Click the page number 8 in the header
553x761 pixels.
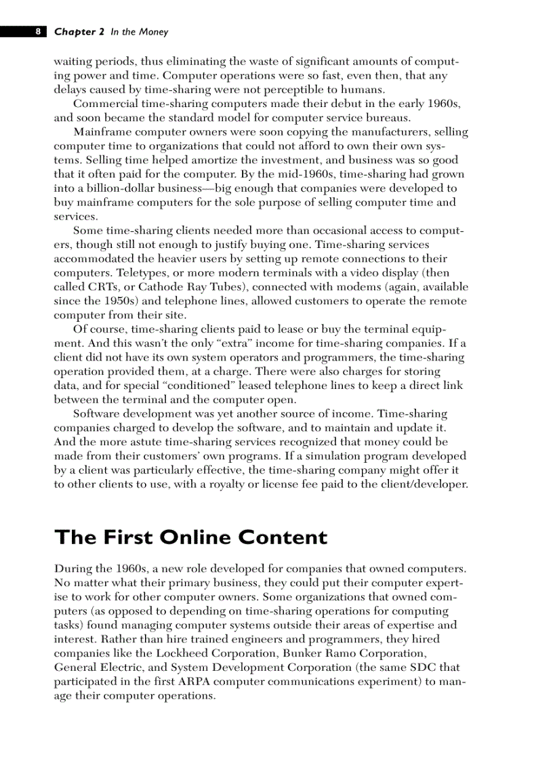click(38, 32)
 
